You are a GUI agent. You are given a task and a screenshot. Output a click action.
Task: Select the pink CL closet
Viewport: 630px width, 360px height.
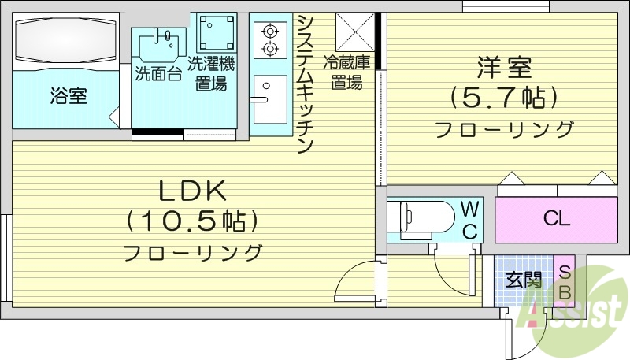[555, 219]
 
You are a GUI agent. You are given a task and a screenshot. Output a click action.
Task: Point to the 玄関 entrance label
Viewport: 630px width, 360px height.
[524, 279]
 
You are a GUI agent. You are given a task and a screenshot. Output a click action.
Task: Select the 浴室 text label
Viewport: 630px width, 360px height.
[69, 95]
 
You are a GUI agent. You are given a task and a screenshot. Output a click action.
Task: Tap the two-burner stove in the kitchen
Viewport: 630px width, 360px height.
[269, 40]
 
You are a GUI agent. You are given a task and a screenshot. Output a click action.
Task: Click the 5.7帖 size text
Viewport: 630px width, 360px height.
[503, 98]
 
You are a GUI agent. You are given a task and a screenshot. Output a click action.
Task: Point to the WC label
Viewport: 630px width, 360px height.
[469, 220]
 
